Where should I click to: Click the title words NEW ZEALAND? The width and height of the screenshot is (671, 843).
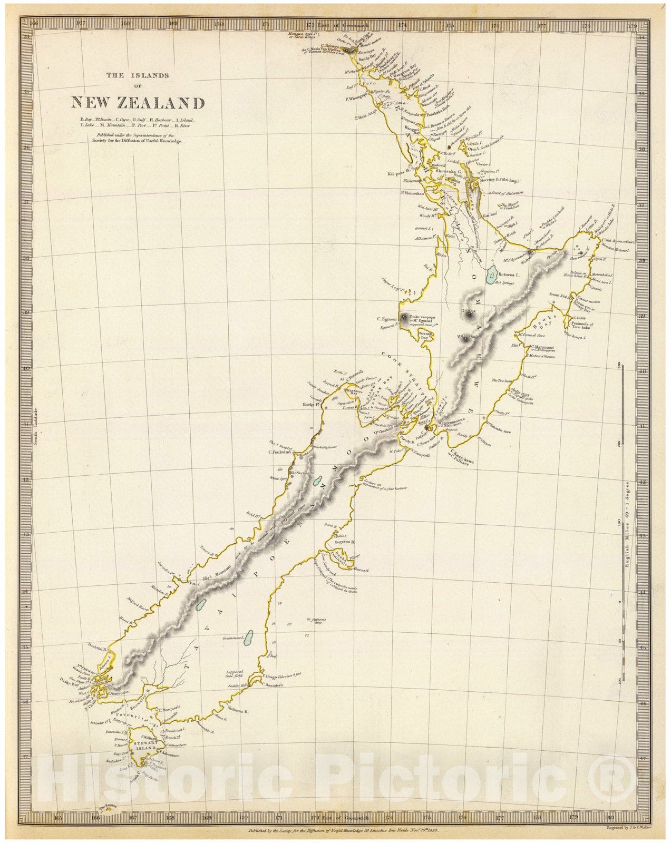(138, 102)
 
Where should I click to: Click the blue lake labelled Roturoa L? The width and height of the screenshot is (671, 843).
(491, 274)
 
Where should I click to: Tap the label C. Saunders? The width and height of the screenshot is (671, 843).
(273, 685)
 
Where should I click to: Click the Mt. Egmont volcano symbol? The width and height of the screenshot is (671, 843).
(404, 317)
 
